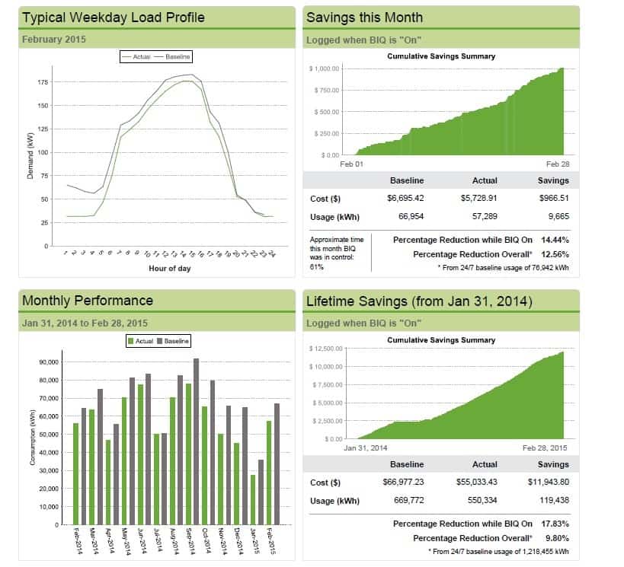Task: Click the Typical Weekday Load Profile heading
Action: [114, 17]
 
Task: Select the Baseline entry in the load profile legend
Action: [178, 56]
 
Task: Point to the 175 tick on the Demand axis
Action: [43, 82]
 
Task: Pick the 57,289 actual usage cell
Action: [485, 217]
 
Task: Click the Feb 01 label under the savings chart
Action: [352, 164]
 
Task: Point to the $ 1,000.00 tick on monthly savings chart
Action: [325, 69]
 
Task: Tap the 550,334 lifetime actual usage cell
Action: [485, 500]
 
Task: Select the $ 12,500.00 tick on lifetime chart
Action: [326, 349]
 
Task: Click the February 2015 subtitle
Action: [54, 39]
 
